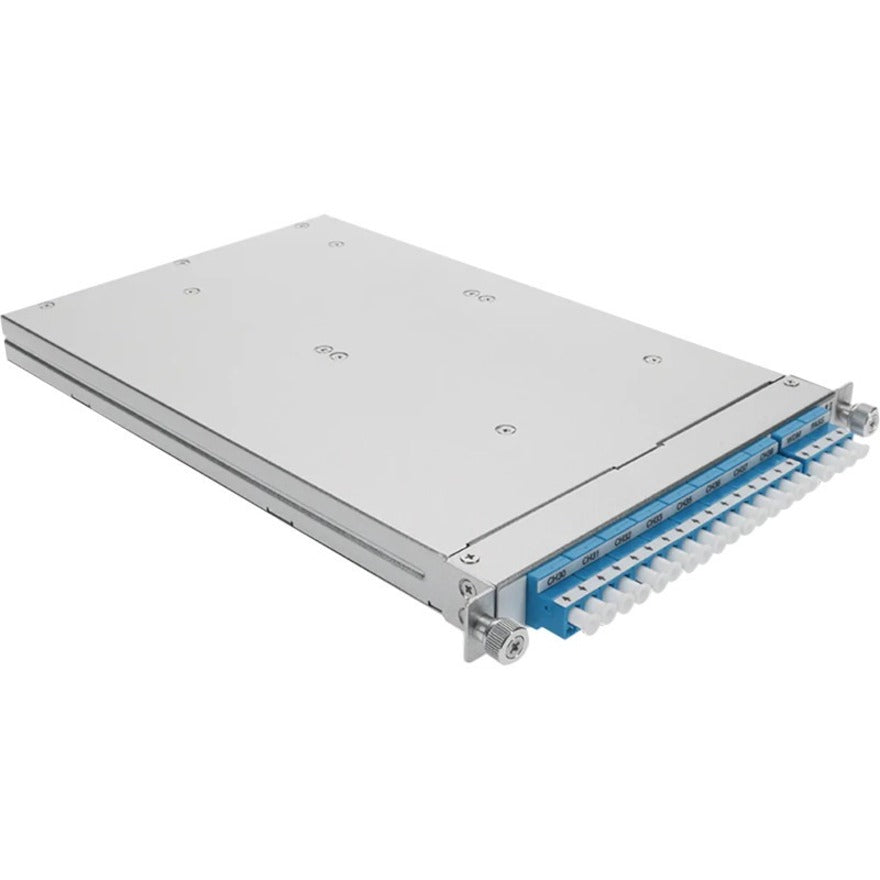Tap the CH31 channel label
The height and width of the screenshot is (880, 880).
pyautogui.click(x=590, y=551)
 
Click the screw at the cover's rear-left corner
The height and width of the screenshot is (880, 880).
pyautogui.click(x=42, y=306)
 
